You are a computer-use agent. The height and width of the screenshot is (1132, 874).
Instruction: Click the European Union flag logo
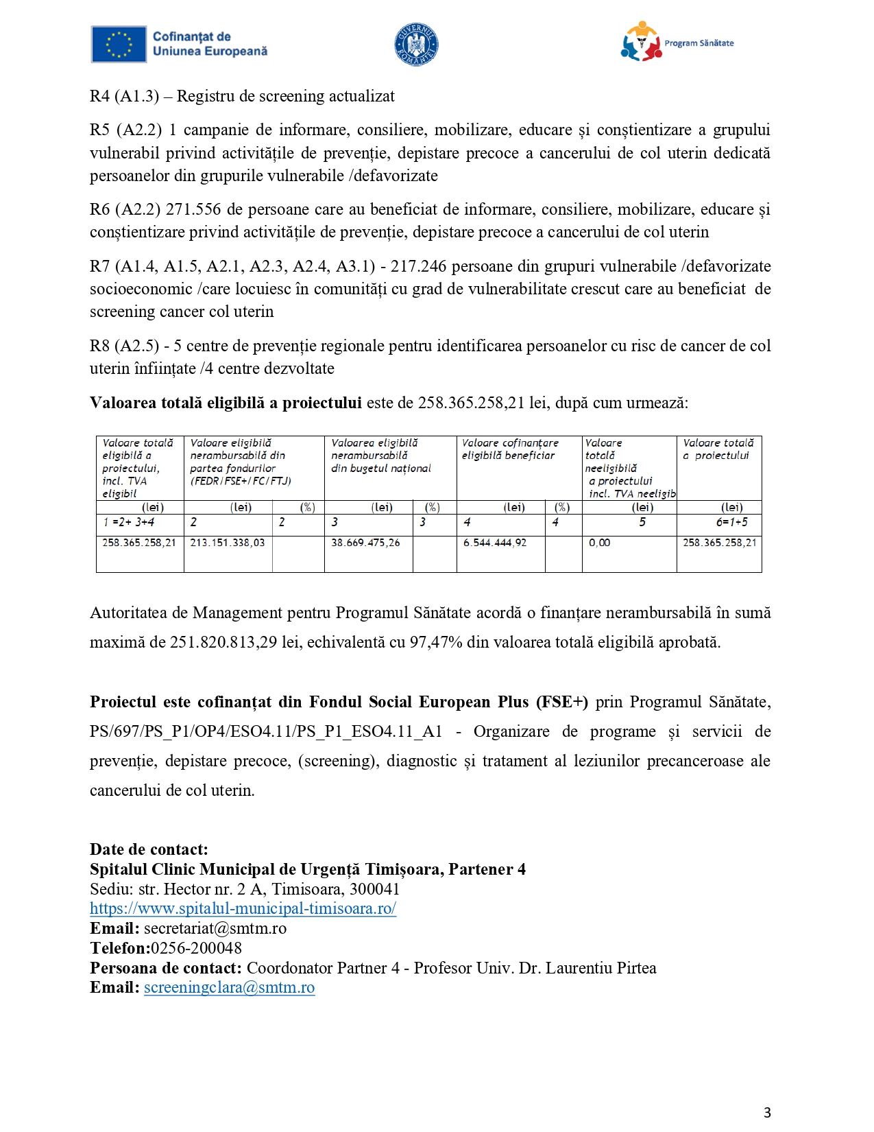119,45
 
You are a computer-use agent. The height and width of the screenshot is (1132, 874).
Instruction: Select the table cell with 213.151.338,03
228,543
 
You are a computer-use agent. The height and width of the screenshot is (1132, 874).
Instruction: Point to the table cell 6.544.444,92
495,543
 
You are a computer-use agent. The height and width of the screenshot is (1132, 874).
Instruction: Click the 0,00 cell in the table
600,543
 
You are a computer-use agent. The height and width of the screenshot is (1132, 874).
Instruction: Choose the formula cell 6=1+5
732,522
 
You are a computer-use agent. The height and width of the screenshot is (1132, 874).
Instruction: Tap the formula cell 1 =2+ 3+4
129,522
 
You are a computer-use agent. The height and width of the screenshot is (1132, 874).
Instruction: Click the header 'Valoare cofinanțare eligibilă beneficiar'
510,449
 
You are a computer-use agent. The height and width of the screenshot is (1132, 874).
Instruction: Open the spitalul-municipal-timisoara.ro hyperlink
243,908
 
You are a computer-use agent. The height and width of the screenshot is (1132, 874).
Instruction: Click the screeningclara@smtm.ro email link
230,987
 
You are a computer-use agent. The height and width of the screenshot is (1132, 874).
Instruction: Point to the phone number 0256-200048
196,948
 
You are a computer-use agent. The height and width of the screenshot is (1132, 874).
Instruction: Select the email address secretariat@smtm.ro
215,928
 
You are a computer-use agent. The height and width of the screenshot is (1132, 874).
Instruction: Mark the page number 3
767,1112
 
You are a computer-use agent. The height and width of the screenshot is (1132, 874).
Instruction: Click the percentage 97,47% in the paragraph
436,642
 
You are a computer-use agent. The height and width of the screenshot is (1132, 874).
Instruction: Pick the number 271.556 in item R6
193,209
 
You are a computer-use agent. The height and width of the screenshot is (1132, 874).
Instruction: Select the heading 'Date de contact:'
149,849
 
